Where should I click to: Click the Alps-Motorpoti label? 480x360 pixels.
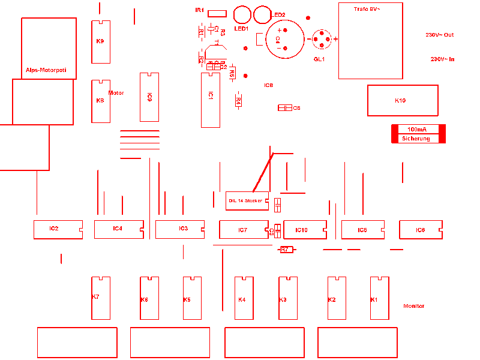[x=50, y=70]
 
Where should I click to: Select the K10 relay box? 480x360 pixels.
[x=402, y=100]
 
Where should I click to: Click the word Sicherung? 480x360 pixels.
[x=416, y=139]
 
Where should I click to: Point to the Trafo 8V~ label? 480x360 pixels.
[x=367, y=10]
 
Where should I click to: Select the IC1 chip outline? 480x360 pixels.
[x=211, y=100]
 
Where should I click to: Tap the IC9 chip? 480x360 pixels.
[x=149, y=97]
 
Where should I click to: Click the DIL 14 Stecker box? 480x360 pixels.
[x=247, y=201]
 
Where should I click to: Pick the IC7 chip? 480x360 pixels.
[x=243, y=230]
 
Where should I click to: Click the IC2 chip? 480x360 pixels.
[x=58, y=229]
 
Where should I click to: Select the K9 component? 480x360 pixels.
[x=100, y=41]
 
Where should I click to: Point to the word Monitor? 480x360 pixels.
[x=413, y=306]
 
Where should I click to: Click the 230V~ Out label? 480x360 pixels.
[x=440, y=35]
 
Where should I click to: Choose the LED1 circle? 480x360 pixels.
[x=241, y=14]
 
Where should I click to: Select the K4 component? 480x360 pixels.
[x=244, y=298]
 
